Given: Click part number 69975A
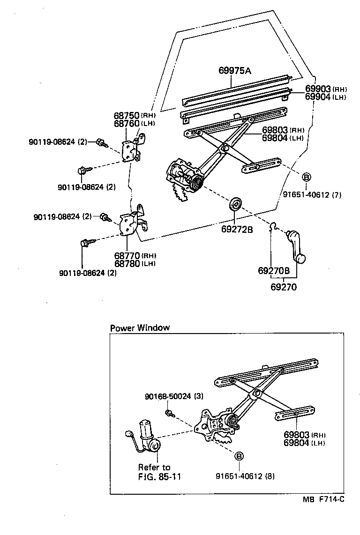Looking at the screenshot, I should click(x=235, y=71).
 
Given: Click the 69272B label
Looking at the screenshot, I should click(x=237, y=230).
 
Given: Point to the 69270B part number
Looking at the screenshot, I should click(x=274, y=271).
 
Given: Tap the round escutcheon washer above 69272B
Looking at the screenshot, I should click(x=235, y=204).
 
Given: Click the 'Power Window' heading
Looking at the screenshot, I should click(x=139, y=328).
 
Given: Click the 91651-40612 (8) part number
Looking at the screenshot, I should click(x=245, y=476).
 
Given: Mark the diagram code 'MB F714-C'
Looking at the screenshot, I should click(x=323, y=499).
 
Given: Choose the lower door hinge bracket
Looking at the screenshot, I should click(x=131, y=224).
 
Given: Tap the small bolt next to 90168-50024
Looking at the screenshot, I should click(x=169, y=413).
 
